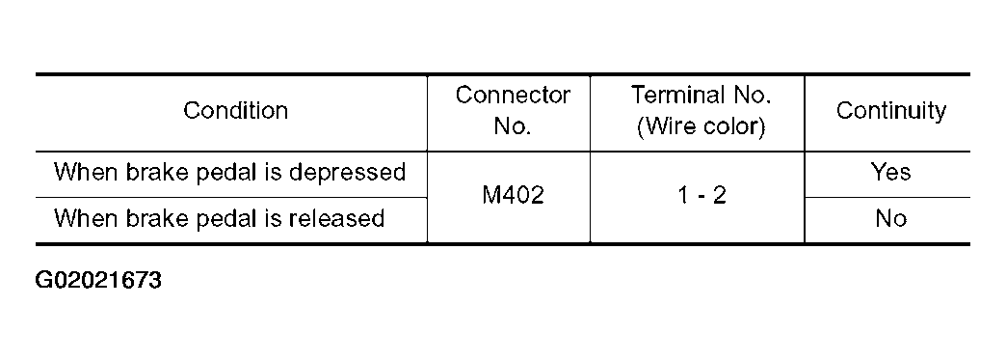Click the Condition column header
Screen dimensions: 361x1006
click(x=235, y=111)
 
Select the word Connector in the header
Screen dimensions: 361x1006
click(x=513, y=96)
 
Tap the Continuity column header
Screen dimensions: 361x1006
click(x=890, y=111)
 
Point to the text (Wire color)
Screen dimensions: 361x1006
click(x=701, y=127)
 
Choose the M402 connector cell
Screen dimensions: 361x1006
click(x=513, y=196)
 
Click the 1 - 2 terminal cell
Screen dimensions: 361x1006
click(x=701, y=196)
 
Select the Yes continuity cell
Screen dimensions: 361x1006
click(x=890, y=173)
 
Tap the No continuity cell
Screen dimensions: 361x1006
click(x=890, y=219)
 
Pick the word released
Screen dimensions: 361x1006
click(x=335, y=219)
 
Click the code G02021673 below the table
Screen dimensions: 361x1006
click(x=98, y=282)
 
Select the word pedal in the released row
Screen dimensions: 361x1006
click(x=226, y=219)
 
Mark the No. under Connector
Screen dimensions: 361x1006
click(x=513, y=127)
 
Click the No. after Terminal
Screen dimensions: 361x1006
click(x=754, y=96)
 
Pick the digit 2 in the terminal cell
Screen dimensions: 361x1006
click(x=721, y=196)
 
